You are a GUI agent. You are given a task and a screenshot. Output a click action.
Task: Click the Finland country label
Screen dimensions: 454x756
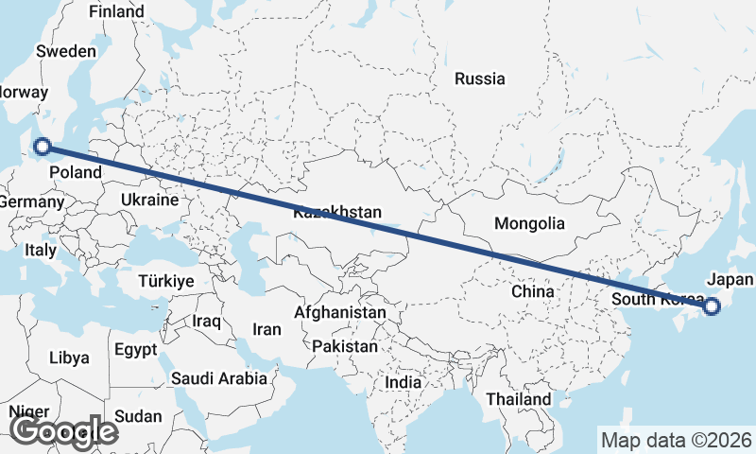(116, 12)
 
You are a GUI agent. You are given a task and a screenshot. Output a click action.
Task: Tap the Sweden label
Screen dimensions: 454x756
(66, 52)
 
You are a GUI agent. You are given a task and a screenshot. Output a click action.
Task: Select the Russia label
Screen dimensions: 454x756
(479, 79)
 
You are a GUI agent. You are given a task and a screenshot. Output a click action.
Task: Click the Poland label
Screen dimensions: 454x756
(75, 172)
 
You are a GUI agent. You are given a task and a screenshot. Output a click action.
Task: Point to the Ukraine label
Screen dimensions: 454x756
(149, 201)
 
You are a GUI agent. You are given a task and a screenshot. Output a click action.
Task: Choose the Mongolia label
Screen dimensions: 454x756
(529, 224)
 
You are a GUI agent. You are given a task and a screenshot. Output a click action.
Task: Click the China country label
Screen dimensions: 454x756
(532, 292)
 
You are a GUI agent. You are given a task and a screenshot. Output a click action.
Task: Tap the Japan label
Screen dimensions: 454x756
(730, 280)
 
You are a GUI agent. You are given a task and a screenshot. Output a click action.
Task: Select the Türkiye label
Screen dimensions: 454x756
(165, 282)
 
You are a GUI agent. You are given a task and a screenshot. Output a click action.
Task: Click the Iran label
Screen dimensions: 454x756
(266, 330)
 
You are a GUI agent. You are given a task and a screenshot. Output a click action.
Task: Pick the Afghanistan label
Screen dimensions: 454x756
(340, 312)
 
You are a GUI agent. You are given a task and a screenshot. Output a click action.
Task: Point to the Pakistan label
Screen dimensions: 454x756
(344, 347)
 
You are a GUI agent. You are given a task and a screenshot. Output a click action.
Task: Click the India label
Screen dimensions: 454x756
(404, 383)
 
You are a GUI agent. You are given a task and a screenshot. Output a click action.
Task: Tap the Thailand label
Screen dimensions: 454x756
(519, 400)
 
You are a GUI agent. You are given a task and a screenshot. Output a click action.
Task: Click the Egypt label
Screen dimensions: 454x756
(135, 350)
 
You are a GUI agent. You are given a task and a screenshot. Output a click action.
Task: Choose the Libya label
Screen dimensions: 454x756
(69, 358)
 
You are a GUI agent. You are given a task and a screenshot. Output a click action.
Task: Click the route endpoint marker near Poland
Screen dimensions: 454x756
(42, 146)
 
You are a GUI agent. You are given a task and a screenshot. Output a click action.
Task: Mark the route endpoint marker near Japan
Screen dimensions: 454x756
(712, 306)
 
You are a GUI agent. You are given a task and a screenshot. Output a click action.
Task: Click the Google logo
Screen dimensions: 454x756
(63, 431)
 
